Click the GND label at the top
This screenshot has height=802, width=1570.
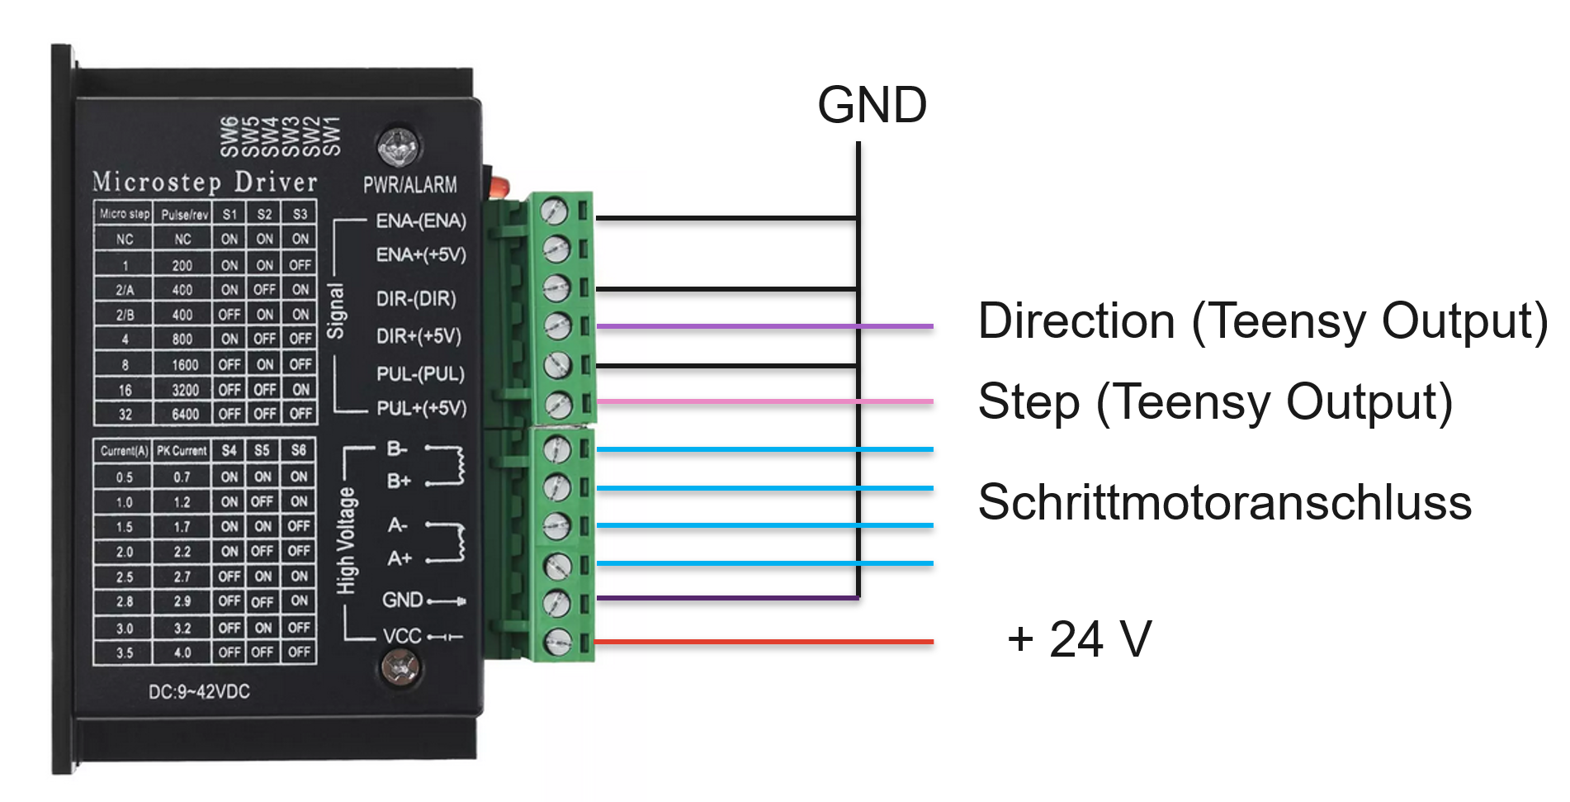tap(872, 106)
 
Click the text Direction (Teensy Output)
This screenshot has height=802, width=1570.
tap(1262, 320)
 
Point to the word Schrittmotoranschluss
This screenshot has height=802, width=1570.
tap(1224, 502)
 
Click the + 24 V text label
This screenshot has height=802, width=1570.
tap(1079, 638)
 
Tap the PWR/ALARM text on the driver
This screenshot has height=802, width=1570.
tap(410, 185)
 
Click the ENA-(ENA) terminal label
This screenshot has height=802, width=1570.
tap(421, 221)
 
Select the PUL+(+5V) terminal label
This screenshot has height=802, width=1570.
tap(421, 408)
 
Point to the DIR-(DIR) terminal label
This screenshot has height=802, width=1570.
tap(416, 298)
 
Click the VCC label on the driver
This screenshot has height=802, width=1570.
tap(402, 636)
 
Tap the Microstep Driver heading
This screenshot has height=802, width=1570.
tap(205, 182)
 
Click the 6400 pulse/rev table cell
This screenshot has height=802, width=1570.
tap(184, 414)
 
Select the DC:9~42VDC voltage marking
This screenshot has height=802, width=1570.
tap(199, 692)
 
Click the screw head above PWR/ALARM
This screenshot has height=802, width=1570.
tap(398, 147)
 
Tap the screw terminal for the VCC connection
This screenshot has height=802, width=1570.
tap(559, 641)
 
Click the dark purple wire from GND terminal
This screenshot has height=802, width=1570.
tap(726, 598)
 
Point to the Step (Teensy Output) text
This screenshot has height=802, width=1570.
tap(1214, 402)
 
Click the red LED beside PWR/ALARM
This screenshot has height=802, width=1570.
tap(499, 187)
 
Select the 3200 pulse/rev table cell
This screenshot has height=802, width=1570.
tap(184, 389)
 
